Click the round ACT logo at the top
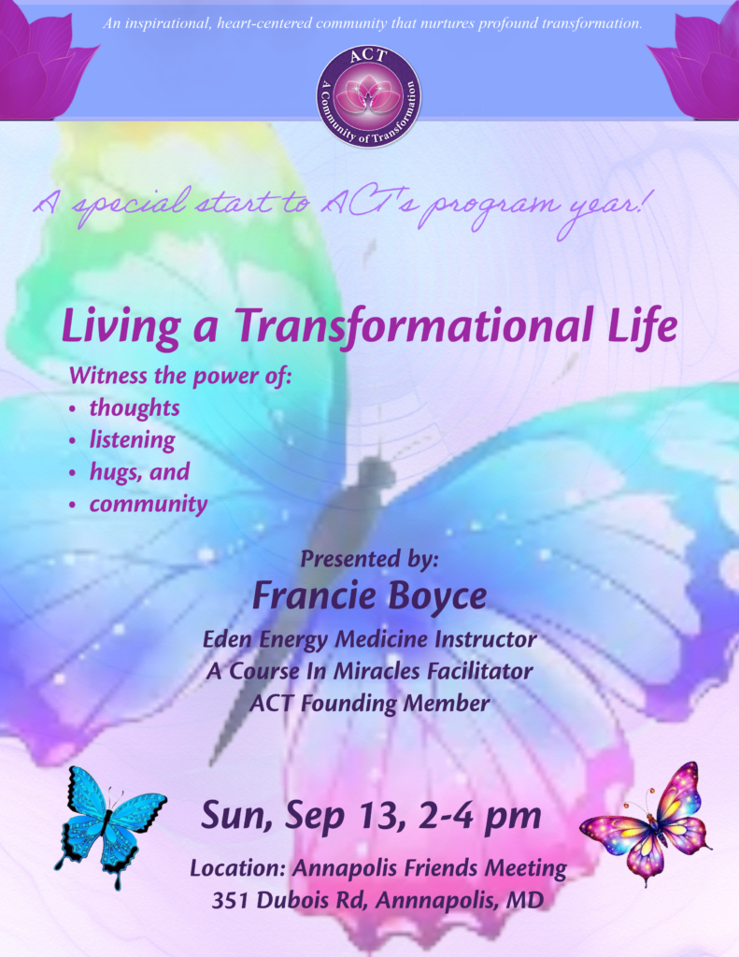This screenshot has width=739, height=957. pyautogui.click(x=369, y=96)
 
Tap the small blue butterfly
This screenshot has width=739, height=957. pyautogui.click(x=110, y=826)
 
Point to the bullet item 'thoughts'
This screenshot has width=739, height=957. pyautogui.click(x=135, y=407)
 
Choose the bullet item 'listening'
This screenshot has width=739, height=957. pyautogui.click(x=133, y=439)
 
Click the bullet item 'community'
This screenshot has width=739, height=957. pyautogui.click(x=149, y=504)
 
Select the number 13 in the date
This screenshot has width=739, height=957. pyautogui.click(x=377, y=815)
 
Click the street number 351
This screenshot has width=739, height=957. pyautogui.click(x=230, y=900)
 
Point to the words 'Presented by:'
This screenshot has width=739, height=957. pyautogui.click(x=369, y=559)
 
